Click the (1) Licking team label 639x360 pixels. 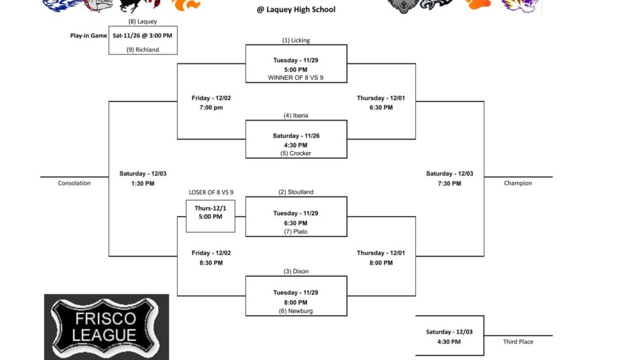click(x=296, y=40)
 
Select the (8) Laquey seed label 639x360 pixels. click(x=142, y=22)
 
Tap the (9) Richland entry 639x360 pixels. click(x=142, y=50)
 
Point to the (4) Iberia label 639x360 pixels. click(x=296, y=115)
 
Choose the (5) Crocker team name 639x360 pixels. click(x=296, y=153)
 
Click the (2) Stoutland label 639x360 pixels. click(x=296, y=192)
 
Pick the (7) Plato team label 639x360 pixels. click(x=296, y=231)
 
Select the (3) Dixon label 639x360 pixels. click(x=296, y=272)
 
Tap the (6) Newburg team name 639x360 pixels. click(x=296, y=311)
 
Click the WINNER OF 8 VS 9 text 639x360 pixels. click(x=296, y=78)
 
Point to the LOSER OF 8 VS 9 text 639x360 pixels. click(x=211, y=192)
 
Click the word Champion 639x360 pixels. click(x=518, y=184)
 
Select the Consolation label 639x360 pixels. click(x=74, y=184)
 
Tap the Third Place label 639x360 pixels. click(x=518, y=341)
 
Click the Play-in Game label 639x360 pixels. click(x=88, y=35)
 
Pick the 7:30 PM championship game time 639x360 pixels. click(x=449, y=184)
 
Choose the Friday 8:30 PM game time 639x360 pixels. click(x=211, y=263)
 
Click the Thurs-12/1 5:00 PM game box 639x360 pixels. click(x=210, y=216)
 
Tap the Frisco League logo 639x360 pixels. click(x=106, y=327)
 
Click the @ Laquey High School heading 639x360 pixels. click(x=296, y=10)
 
